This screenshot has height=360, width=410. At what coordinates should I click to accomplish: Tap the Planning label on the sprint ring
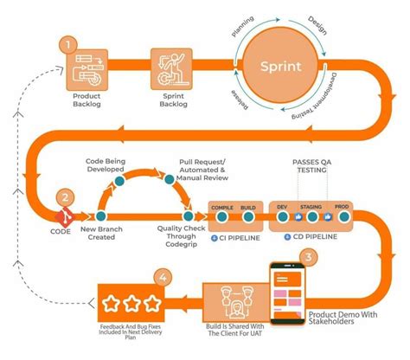pos(242,29)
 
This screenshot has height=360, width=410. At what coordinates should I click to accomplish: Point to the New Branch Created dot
pos(101,217)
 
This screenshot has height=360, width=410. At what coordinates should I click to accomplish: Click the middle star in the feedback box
pos(132,303)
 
